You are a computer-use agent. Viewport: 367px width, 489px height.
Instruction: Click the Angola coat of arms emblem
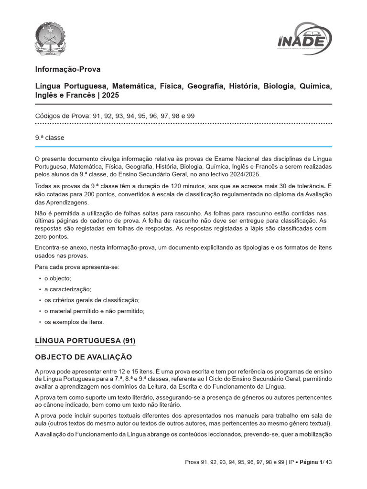coord(52,38)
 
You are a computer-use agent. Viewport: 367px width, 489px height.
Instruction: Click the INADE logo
coord(304,37)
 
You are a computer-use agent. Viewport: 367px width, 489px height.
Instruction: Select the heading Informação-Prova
coord(68,69)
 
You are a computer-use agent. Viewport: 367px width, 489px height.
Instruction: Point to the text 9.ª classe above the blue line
coord(50,138)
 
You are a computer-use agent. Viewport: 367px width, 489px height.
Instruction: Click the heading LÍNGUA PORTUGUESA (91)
coord(86,340)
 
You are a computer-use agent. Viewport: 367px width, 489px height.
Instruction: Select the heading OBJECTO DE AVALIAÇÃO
coord(84,357)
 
